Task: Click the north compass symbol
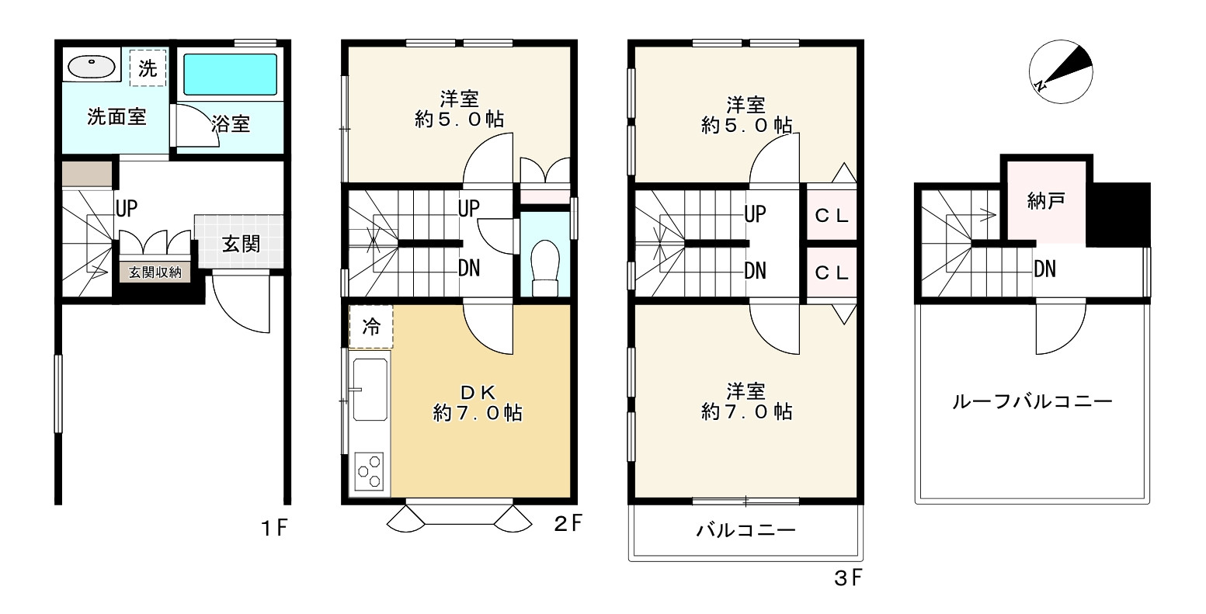coord(1060,71)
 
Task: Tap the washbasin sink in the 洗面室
coord(92,68)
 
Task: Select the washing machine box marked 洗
coord(148,68)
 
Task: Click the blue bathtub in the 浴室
coord(231,75)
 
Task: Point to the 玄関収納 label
coord(155,272)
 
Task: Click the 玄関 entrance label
coord(242,244)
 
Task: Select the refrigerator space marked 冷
coord(371,327)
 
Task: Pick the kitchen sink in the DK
coord(370,390)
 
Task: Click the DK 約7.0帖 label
coord(478,403)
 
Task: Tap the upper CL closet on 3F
coord(832,216)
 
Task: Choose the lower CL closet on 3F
coord(832,273)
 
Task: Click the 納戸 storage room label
coord(1046,201)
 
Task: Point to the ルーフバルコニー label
coord(1032,401)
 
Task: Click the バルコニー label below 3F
coord(745,531)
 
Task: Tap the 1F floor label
coord(275,528)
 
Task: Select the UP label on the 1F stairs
coord(127,208)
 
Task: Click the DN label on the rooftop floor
coord(1045,269)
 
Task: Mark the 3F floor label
coord(848,578)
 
